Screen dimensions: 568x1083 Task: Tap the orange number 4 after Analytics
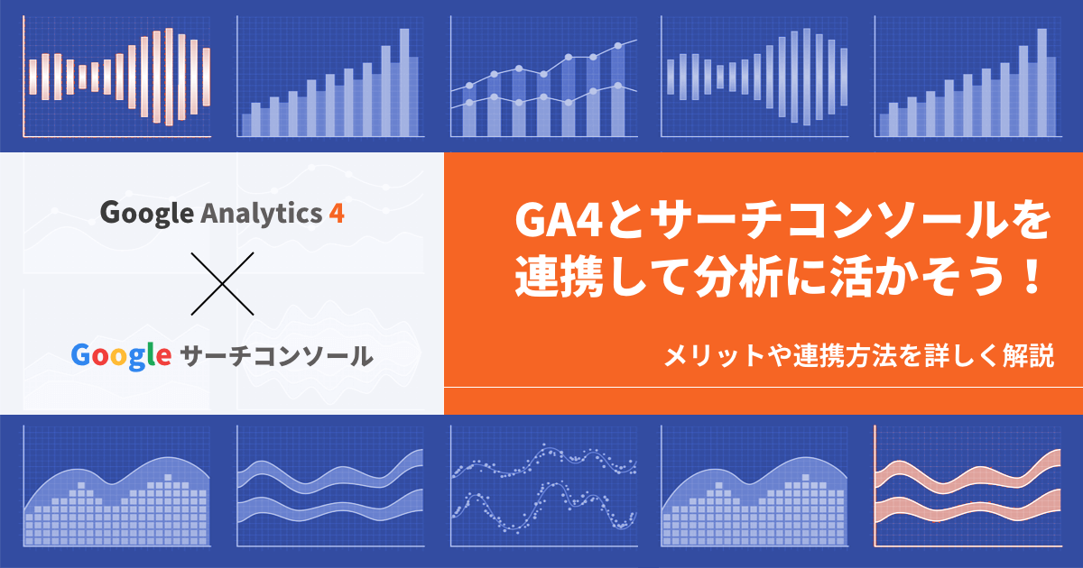(x=336, y=214)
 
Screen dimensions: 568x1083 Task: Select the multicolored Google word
(x=122, y=355)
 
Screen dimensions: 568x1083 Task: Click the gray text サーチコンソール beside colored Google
(x=277, y=356)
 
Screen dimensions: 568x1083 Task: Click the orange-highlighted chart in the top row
(x=117, y=77)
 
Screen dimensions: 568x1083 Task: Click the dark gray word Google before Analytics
(x=147, y=214)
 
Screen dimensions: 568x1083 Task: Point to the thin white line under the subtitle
(x=763, y=388)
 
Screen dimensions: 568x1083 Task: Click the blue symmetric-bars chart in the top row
(x=756, y=77)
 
